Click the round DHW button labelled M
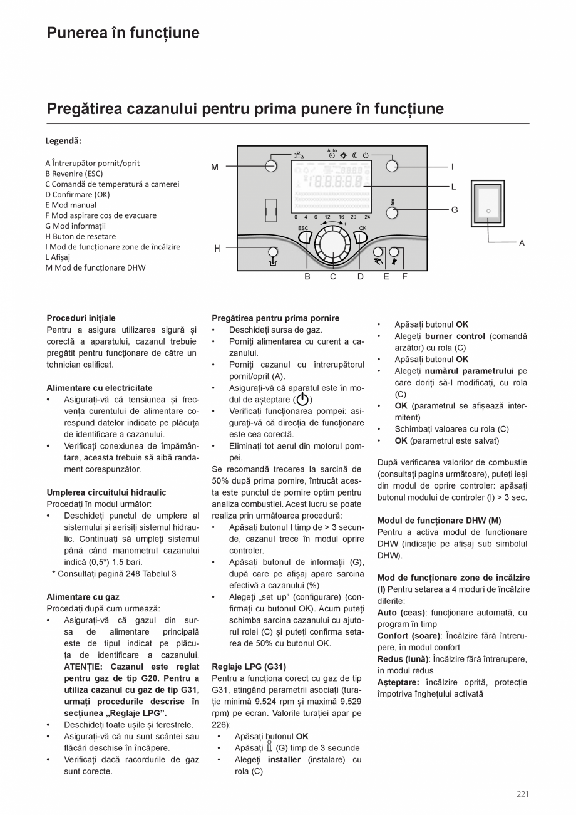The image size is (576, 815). (270, 166)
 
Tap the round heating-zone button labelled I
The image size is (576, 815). (392, 166)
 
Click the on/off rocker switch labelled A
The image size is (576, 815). (488, 211)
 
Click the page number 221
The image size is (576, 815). (523, 794)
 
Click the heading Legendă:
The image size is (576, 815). (64, 141)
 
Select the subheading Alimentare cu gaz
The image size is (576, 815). (83, 597)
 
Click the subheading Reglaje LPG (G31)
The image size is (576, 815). (249, 667)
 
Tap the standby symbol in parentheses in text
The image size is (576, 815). (302, 399)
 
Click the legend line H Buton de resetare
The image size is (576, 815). (80, 236)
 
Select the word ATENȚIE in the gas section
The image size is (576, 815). (85, 667)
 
